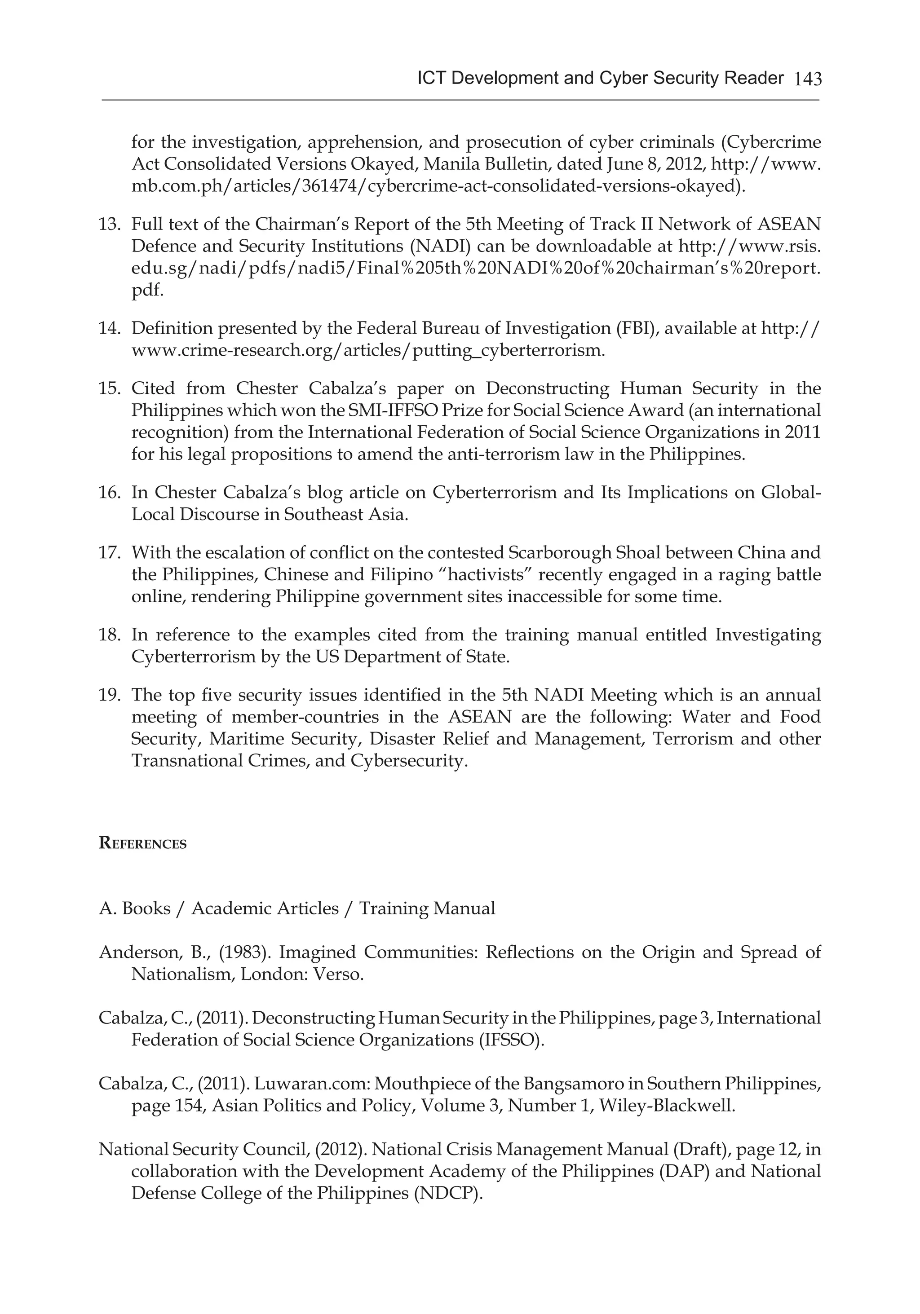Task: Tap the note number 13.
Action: click(x=108, y=224)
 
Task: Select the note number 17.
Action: click(x=108, y=552)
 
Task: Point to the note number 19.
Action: click(x=108, y=695)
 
